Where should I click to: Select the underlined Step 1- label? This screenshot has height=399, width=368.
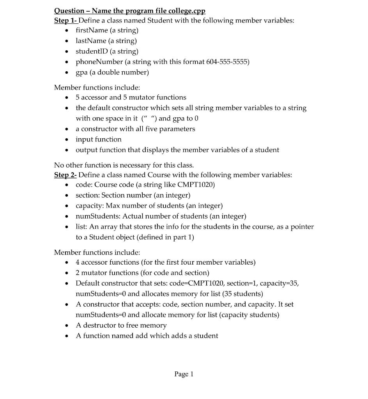click(66, 20)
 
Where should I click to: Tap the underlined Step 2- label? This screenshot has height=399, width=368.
click(65, 175)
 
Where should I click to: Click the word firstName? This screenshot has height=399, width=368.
click(92, 30)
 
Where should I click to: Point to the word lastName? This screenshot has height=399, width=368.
click(91, 41)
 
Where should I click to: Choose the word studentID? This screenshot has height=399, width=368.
click(92, 51)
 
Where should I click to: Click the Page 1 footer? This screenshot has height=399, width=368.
click(184, 374)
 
